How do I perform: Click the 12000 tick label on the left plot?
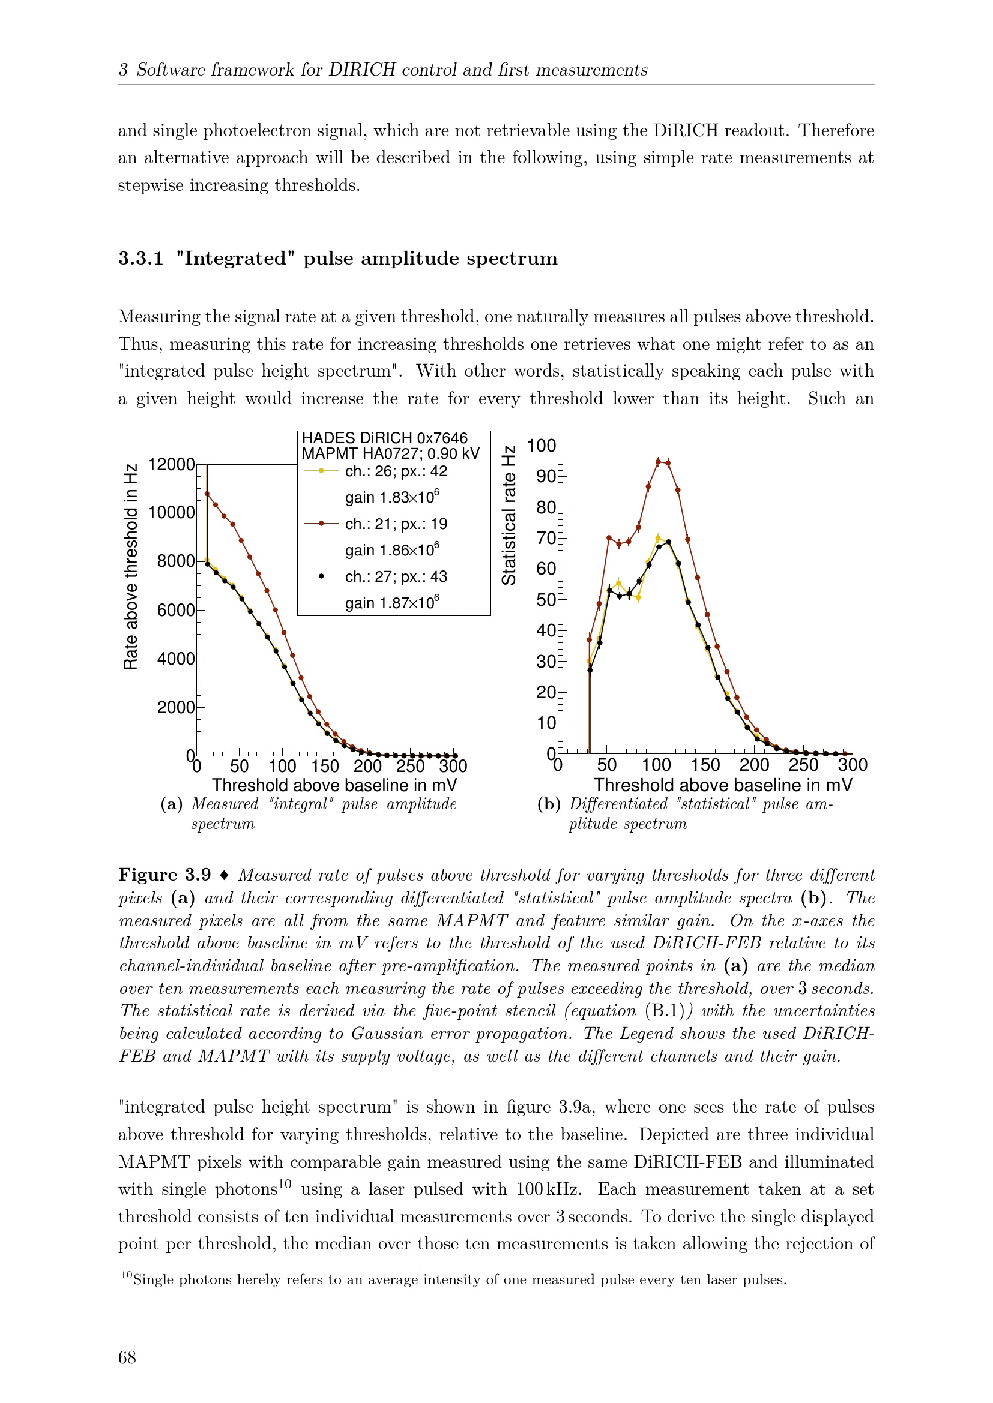tap(171, 464)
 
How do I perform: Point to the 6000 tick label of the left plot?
tap(175, 610)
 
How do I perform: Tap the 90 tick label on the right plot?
tap(545, 477)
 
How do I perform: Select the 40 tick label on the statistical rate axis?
tap(545, 630)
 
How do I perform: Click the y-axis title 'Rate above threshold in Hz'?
tap(130, 566)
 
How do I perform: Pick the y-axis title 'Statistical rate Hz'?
tap(509, 515)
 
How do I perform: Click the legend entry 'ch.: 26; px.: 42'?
tap(396, 471)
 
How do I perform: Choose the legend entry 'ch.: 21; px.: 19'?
tap(396, 524)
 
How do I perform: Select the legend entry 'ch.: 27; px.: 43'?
tap(396, 576)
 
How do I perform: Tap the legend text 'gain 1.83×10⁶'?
tap(392, 497)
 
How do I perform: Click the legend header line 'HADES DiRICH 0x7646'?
tap(385, 438)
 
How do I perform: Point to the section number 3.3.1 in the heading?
tap(140, 259)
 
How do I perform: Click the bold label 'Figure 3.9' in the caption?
tap(164, 875)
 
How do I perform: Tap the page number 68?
tap(127, 1357)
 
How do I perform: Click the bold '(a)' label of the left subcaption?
tap(172, 804)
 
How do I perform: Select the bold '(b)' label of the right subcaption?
tap(549, 804)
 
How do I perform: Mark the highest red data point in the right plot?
tap(659, 462)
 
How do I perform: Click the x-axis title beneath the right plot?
tap(722, 785)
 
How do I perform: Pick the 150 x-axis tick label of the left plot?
tap(325, 766)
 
